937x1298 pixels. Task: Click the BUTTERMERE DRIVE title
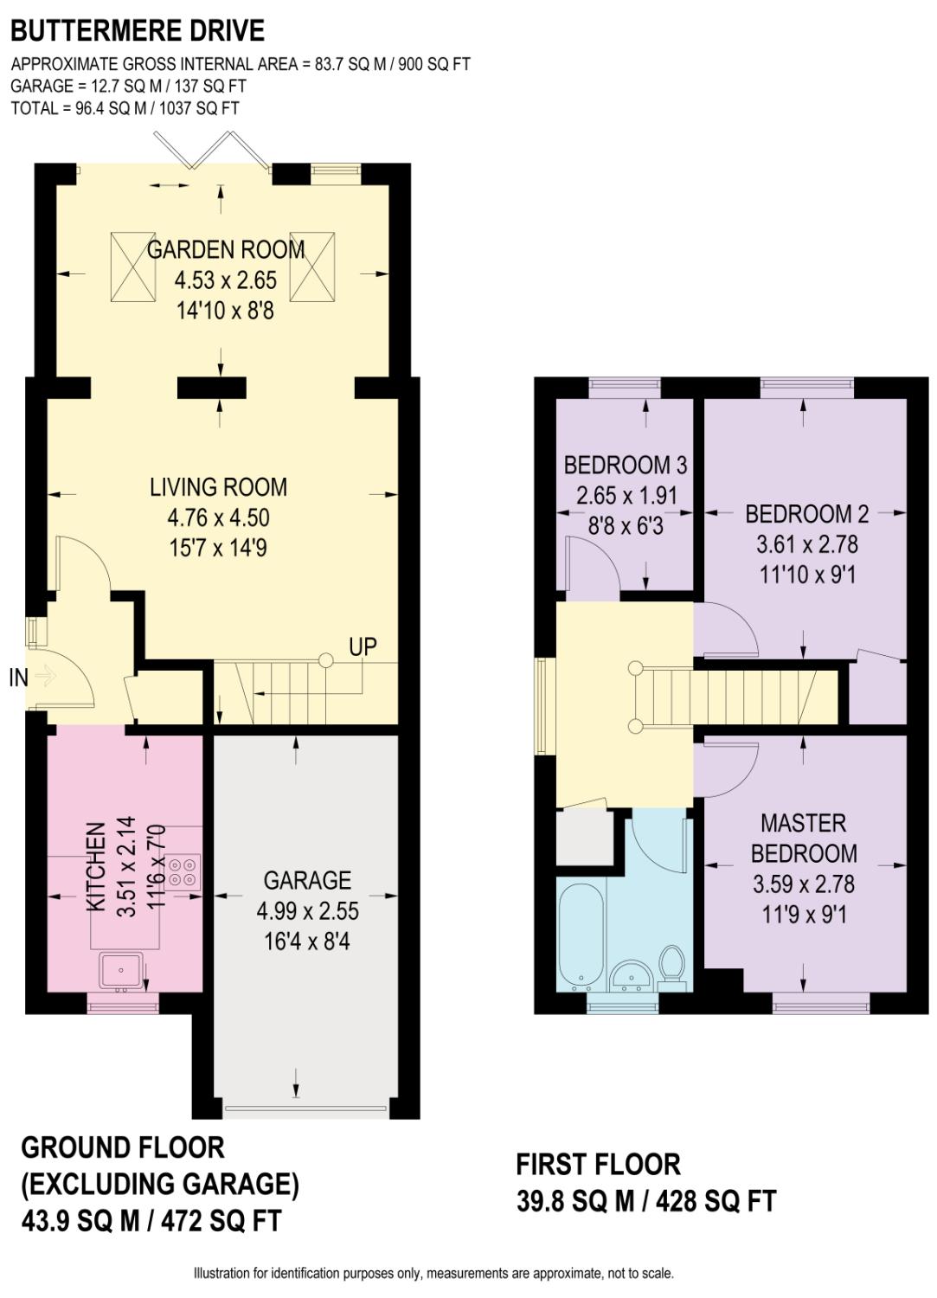tap(138, 30)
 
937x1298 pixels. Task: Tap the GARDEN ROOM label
tap(226, 250)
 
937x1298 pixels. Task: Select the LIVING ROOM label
tap(218, 486)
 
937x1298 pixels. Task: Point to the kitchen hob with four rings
tap(183, 872)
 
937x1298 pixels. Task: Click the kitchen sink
tap(121, 969)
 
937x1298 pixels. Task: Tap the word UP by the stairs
tap(363, 646)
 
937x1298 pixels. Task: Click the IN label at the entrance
tap(18, 678)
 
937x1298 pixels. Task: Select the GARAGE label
tap(307, 880)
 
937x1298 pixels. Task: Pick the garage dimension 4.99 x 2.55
tap(308, 911)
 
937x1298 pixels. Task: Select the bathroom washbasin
tap(631, 974)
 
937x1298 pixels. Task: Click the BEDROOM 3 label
tap(626, 465)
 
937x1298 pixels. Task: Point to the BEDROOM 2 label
tap(807, 514)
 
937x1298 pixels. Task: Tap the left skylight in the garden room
tap(133, 267)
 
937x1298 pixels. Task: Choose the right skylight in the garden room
tap(312, 267)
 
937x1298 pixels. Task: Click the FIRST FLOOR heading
tap(598, 1164)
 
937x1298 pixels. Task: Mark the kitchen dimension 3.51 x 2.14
tap(126, 865)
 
